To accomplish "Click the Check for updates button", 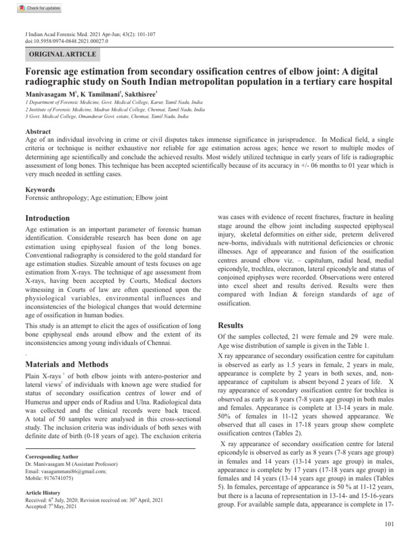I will click(39, 8).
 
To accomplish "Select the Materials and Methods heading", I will click(67, 364).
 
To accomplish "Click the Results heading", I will click(230, 325).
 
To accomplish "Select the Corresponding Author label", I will click(52, 456).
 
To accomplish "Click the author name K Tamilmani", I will click(101, 94).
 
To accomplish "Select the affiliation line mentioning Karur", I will click(106, 103).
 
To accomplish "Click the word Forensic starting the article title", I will click(46, 72).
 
